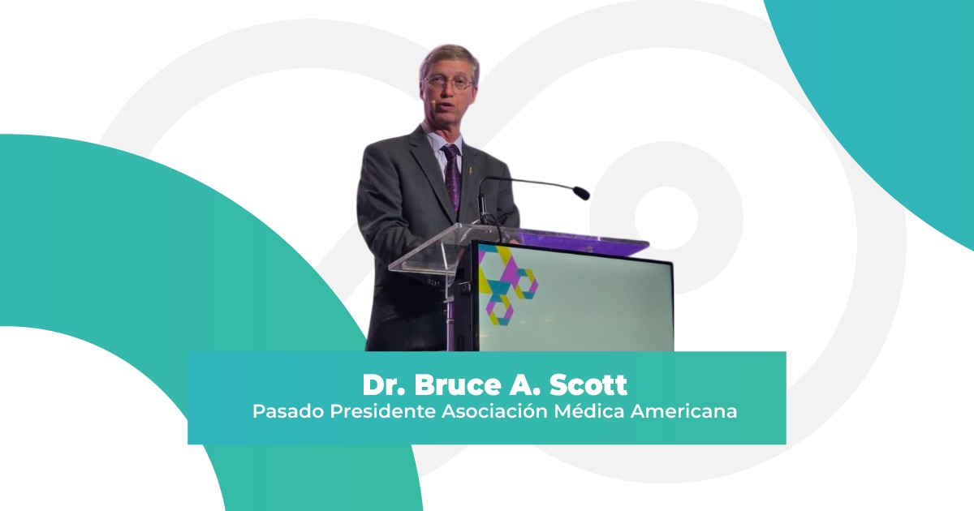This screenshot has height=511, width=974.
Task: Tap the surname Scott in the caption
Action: point(588,385)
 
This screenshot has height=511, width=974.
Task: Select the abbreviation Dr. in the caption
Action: point(384,385)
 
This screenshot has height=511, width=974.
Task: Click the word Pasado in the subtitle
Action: point(288,411)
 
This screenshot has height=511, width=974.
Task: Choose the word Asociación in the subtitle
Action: point(494,411)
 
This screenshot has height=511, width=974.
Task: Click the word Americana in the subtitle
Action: point(683,411)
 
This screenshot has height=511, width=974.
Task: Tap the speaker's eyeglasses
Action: point(448,83)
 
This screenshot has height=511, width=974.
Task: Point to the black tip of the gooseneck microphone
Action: point(581,193)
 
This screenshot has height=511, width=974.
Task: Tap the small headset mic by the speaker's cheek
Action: point(433,101)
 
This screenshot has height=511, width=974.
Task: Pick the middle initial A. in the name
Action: point(522,385)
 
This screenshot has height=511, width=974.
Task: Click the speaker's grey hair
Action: point(450,58)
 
